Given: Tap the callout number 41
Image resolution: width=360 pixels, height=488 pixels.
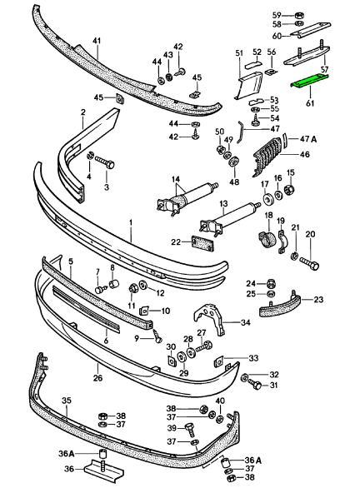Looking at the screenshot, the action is (97, 41).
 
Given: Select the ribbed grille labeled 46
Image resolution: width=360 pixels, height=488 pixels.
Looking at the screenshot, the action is (267, 157).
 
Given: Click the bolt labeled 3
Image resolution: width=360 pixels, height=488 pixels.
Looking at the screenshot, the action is (104, 162).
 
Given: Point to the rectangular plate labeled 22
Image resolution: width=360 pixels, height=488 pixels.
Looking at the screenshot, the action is (201, 242).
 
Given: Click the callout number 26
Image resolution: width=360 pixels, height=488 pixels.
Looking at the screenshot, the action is (97, 378).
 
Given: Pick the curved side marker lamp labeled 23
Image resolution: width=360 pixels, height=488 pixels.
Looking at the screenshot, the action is (279, 306).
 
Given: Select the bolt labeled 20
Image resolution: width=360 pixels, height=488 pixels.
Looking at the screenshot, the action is (309, 263).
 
